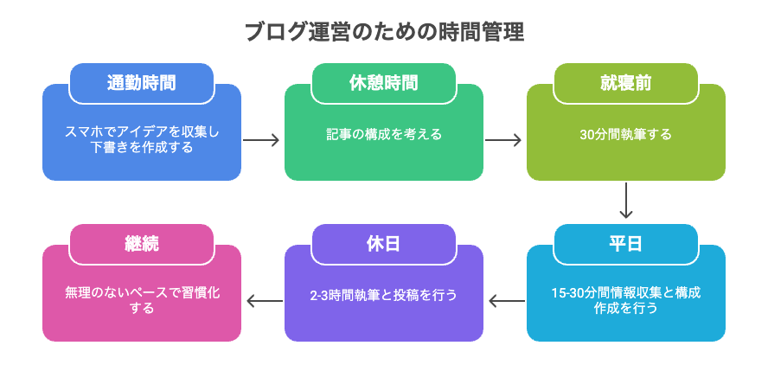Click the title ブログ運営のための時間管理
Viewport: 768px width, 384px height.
(x=384, y=33)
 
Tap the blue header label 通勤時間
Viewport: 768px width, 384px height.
(x=142, y=83)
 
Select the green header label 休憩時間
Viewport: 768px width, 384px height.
(x=384, y=83)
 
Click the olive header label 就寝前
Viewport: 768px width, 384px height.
(x=625, y=83)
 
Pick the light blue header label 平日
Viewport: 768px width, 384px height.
(x=625, y=244)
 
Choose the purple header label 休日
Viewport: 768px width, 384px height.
(x=384, y=244)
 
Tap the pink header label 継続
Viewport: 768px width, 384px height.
(x=142, y=244)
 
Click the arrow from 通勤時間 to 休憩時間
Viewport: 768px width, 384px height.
(x=261, y=140)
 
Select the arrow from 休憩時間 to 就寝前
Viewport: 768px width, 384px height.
(x=503, y=140)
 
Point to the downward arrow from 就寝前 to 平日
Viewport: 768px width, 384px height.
(x=625, y=201)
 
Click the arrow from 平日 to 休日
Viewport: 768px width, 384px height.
(x=507, y=301)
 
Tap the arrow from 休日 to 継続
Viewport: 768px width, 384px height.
(x=265, y=301)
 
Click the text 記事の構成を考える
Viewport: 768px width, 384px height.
(x=384, y=134)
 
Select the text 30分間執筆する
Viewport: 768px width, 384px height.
(x=625, y=135)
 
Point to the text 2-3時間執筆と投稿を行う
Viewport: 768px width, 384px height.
(x=384, y=295)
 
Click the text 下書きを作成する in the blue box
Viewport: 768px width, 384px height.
(x=142, y=147)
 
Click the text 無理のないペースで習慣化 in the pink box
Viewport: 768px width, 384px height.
(x=142, y=293)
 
